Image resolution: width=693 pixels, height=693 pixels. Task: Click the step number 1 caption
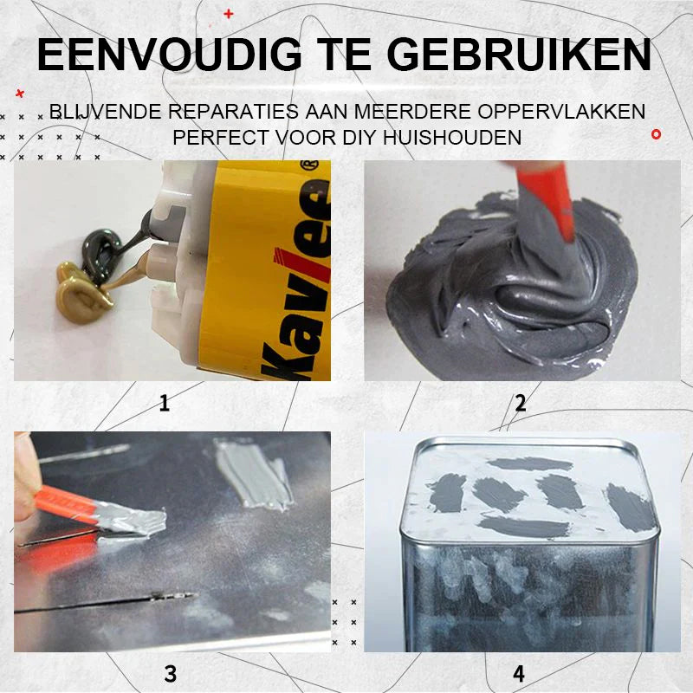tap(165, 402)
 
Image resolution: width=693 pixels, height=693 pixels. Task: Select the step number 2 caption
tap(520, 402)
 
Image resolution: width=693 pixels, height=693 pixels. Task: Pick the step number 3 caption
tap(171, 673)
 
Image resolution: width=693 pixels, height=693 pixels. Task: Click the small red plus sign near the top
tap(229, 14)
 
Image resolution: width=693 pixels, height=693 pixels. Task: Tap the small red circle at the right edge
tap(656, 134)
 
